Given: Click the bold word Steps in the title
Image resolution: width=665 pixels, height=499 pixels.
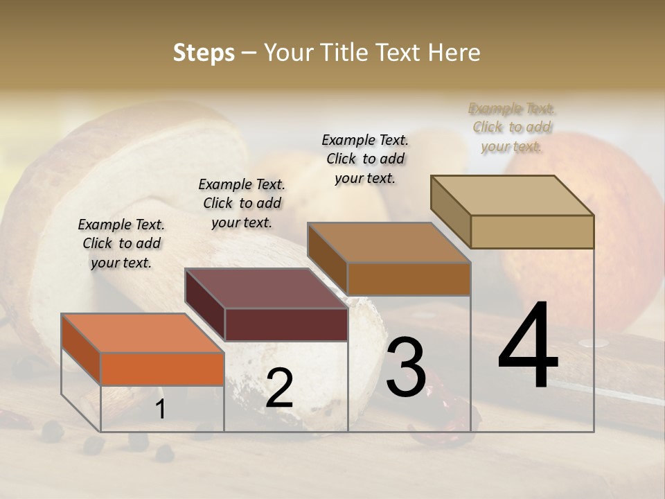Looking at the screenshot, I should pyautogui.click(x=204, y=53).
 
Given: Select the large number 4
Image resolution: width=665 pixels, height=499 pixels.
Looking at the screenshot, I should pyautogui.click(x=528, y=346).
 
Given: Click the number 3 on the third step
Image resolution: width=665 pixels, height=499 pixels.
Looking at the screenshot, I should pyautogui.click(x=406, y=367).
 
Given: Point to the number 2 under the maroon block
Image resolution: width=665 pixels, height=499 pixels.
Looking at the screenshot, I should pyautogui.click(x=279, y=388).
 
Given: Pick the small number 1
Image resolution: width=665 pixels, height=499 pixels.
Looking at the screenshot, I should pyautogui.click(x=161, y=410).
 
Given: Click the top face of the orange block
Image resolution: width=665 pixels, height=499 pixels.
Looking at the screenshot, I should pyautogui.click(x=142, y=333).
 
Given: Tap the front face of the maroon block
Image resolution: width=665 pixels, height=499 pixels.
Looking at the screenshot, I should pyautogui.click(x=286, y=324).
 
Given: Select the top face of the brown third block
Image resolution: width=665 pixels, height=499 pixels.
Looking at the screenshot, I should pyautogui.click(x=389, y=243).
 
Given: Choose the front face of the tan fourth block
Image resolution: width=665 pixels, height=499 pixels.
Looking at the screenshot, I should pyautogui.click(x=532, y=231).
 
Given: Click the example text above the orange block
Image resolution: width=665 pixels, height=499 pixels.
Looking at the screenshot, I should pyautogui.click(x=121, y=243).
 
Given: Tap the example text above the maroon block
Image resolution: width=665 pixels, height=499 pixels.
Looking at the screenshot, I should pyautogui.click(x=242, y=203).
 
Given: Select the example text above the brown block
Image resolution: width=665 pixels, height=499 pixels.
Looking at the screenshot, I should pyautogui.click(x=365, y=159).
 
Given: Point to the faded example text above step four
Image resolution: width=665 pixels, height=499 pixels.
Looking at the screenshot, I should pyautogui.click(x=511, y=127).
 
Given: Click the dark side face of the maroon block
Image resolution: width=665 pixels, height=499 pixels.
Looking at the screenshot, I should pyautogui.click(x=205, y=305).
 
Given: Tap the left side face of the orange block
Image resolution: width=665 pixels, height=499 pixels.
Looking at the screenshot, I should pyautogui.click(x=81, y=350).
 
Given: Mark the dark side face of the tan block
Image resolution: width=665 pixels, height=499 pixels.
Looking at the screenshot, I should pyautogui.click(x=450, y=211).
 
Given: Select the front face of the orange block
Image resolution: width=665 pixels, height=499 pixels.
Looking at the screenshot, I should pyautogui.click(x=162, y=369).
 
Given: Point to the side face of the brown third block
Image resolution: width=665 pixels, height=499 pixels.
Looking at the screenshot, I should pyautogui.click(x=327, y=259).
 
